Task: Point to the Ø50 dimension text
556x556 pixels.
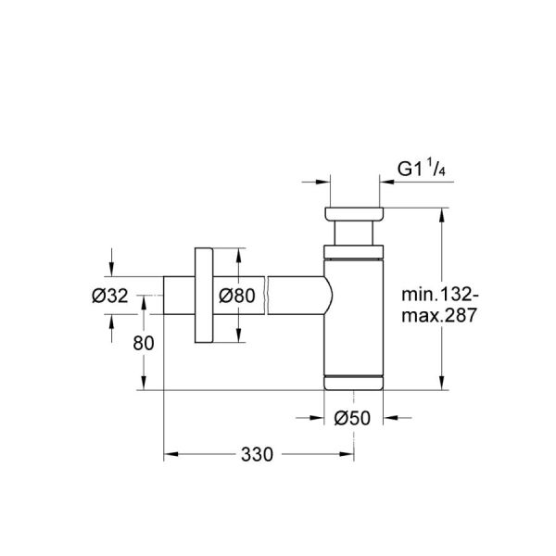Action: pos(352,418)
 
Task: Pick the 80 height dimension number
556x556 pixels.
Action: pos(143,342)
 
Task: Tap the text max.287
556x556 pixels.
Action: pos(438,316)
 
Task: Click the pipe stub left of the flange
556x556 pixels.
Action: pos(179,297)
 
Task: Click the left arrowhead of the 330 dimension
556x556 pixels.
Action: pos(170,454)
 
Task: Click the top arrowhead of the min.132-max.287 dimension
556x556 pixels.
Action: pos(442,212)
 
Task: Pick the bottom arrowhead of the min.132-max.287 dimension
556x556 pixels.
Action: pos(442,384)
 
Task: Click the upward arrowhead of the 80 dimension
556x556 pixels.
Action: pos(143,302)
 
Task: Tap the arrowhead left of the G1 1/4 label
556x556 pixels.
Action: pos(324,182)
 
